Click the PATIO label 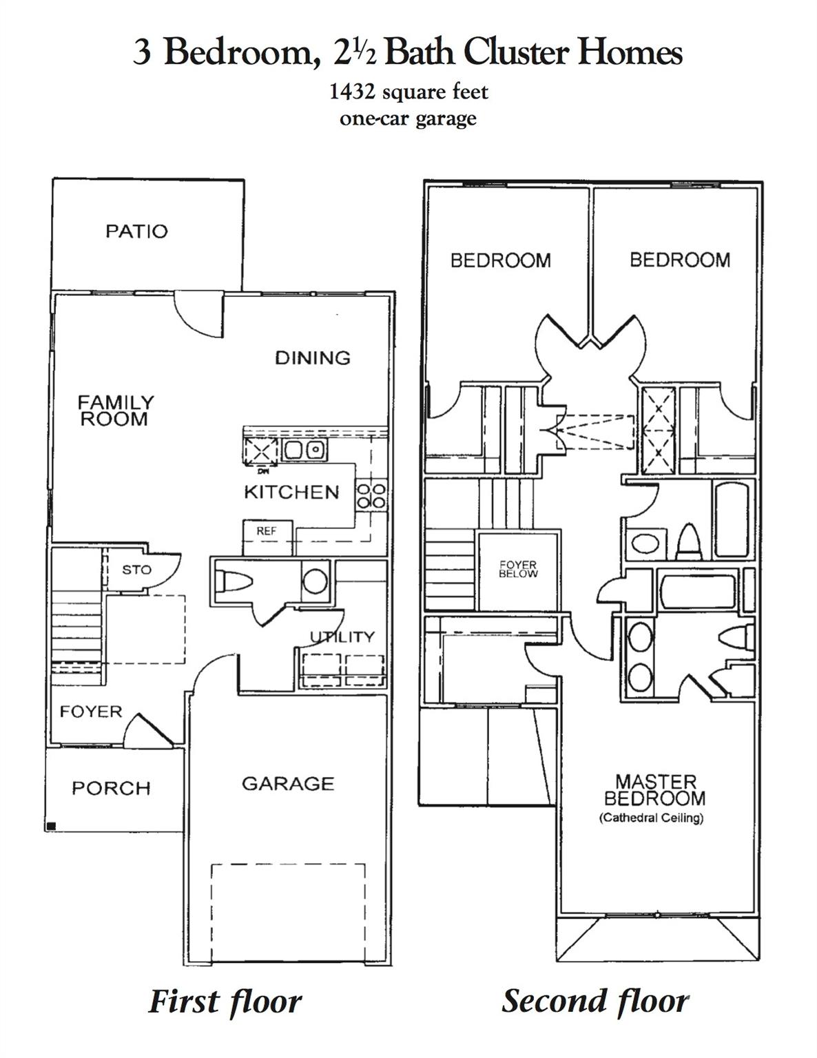coord(136,231)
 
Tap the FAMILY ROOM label coord(115,411)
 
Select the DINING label coord(312,357)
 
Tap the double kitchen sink coord(304,450)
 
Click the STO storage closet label coord(136,570)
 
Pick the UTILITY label coord(342,636)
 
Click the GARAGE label coord(288,784)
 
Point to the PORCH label coord(111,788)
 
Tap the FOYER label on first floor coord(90,712)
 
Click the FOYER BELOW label coord(518,569)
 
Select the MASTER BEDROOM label coord(654,790)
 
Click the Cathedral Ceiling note coord(651,818)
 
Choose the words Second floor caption coord(595,1001)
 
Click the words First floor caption coord(225,1002)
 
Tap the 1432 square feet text coord(408,92)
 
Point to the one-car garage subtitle coord(408,118)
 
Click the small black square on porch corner coord(51,825)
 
